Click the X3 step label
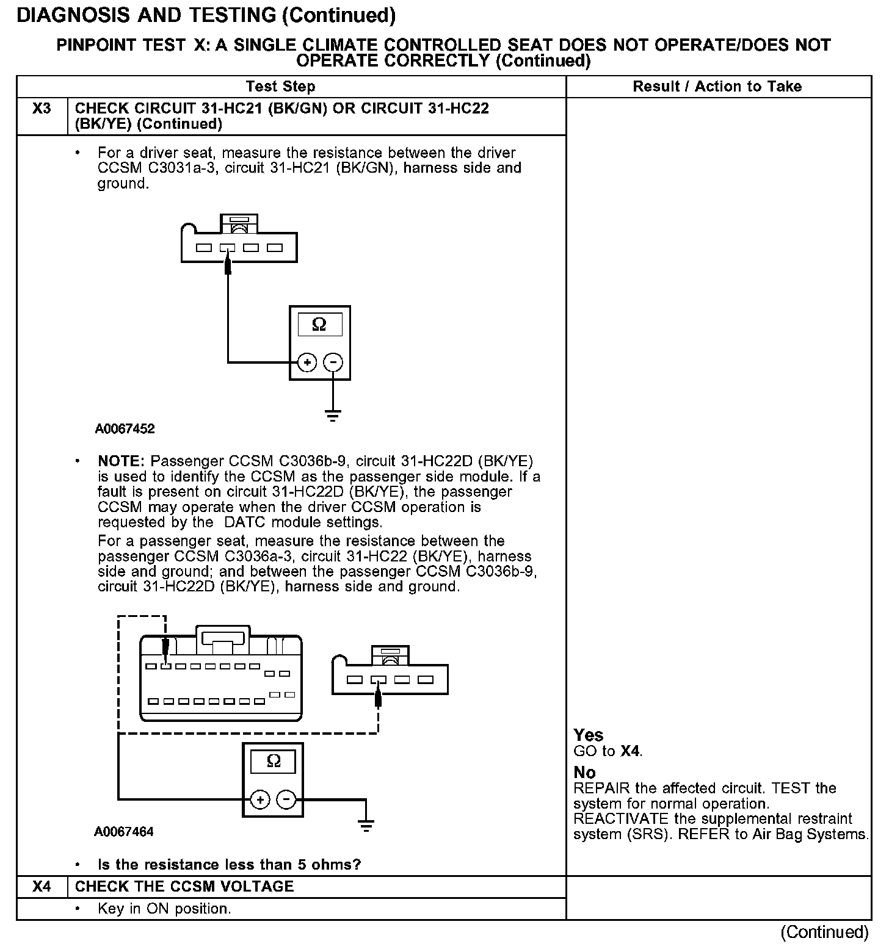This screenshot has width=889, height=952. (x=42, y=109)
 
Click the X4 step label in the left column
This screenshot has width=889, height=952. (x=42, y=886)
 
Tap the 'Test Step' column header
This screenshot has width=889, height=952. (x=280, y=87)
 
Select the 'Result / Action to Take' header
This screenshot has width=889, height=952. (x=717, y=87)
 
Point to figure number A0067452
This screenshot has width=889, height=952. (x=125, y=428)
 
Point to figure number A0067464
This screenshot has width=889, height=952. (x=124, y=831)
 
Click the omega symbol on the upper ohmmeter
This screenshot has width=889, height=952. (x=319, y=325)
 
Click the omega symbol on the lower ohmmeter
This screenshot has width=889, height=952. (x=274, y=761)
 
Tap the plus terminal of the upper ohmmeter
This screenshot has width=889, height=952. (x=307, y=362)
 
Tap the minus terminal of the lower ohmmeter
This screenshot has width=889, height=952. (x=287, y=799)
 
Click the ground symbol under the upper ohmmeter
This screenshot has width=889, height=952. (x=333, y=416)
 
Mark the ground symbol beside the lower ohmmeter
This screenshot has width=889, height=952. (x=366, y=827)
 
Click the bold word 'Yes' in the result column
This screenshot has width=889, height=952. (x=589, y=735)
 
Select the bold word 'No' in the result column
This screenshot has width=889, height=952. (x=584, y=773)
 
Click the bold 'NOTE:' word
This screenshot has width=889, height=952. (x=121, y=461)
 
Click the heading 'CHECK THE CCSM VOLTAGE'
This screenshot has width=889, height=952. (x=184, y=886)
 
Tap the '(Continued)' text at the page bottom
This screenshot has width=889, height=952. (x=824, y=932)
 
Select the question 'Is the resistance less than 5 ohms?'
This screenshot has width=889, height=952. (x=230, y=864)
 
